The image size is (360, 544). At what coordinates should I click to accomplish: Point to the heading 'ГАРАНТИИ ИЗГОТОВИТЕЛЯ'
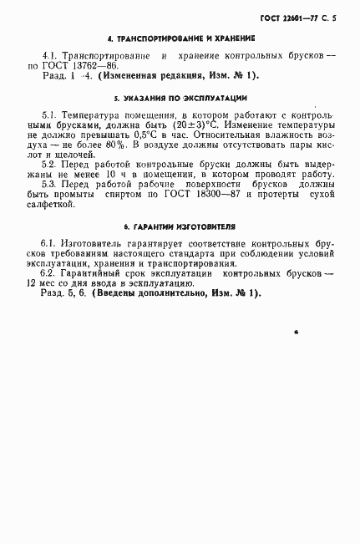pos(180,226)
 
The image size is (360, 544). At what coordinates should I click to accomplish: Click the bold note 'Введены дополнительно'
pos(156,292)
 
